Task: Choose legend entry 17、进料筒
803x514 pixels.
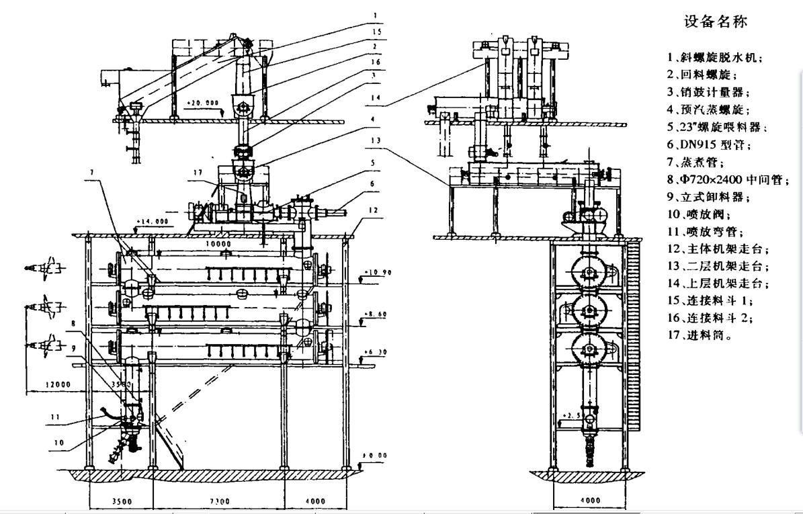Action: [x=699, y=333]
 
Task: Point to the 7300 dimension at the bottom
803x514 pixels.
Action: [x=219, y=501]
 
